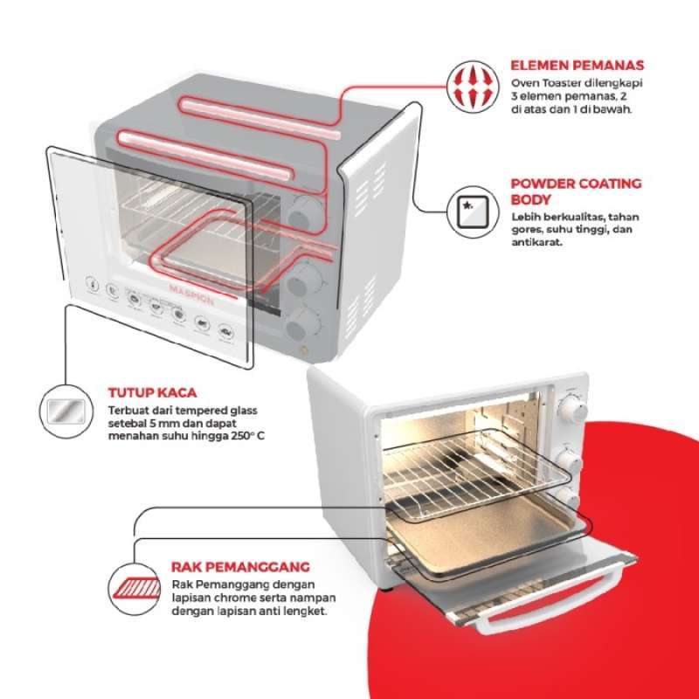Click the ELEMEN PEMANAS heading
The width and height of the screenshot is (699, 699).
578,65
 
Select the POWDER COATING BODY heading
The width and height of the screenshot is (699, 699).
576,190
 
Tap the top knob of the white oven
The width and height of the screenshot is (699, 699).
572,408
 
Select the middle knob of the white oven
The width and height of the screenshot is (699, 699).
568,461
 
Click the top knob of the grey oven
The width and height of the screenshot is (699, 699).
306,211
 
